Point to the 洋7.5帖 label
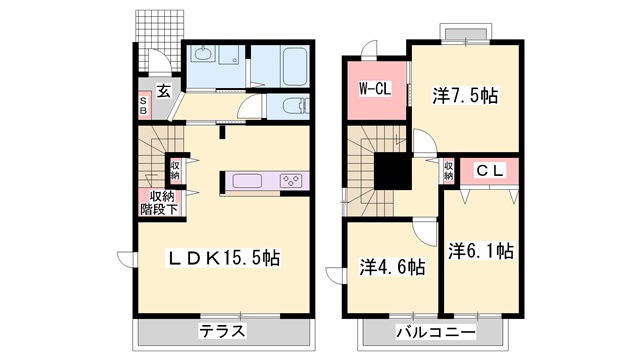click(467, 96)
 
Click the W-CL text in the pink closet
click(375, 88)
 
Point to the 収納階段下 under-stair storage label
click(158, 202)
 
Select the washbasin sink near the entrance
click(204, 56)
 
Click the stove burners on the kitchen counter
click(291, 181)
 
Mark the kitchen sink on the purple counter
click(246, 181)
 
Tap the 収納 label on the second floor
click(448, 171)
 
